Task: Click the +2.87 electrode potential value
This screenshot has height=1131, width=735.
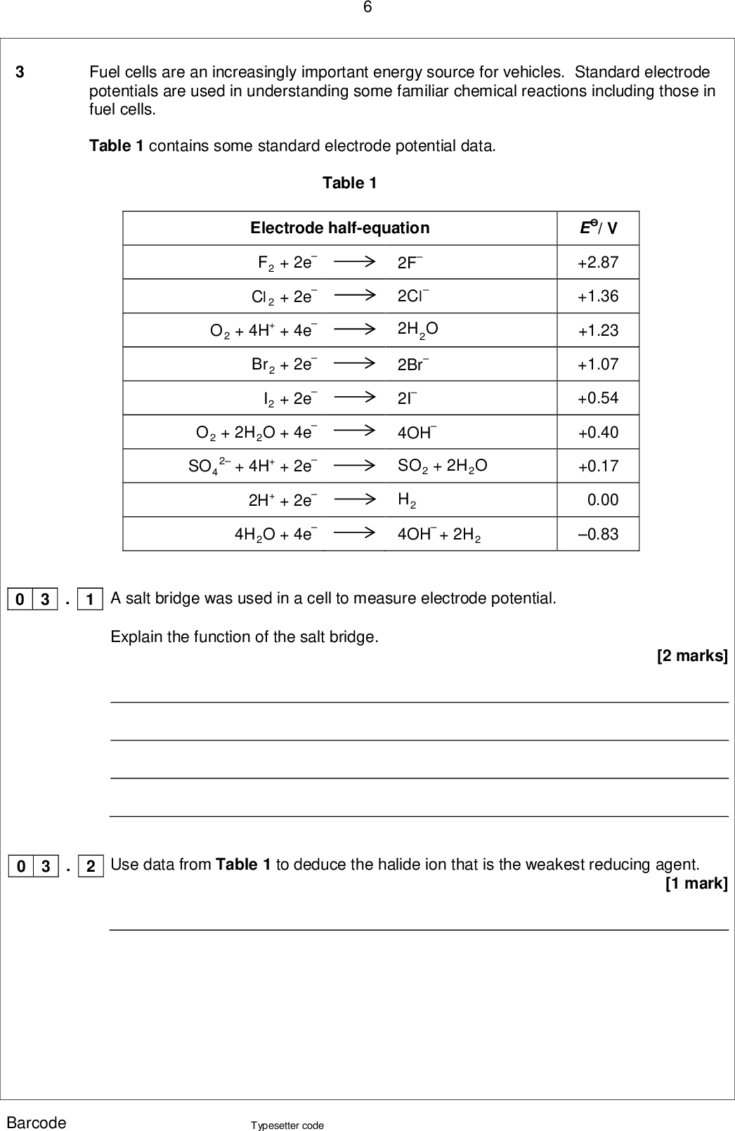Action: (x=598, y=263)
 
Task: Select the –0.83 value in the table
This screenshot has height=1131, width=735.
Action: (x=598, y=535)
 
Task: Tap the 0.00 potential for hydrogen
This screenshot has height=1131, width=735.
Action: (x=602, y=500)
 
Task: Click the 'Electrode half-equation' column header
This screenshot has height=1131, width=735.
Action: (x=339, y=228)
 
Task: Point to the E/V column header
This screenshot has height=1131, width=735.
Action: (x=598, y=228)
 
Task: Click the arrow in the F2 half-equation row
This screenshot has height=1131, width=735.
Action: (x=355, y=261)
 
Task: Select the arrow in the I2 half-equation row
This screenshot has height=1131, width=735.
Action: (x=355, y=398)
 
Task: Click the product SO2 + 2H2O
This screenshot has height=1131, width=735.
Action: (x=442, y=466)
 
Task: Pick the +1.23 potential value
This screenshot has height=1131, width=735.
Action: (x=598, y=330)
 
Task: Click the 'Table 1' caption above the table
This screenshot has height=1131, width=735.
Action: (x=349, y=183)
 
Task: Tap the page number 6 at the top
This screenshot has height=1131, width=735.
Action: (x=367, y=8)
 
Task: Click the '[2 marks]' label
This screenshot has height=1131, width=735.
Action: (x=692, y=656)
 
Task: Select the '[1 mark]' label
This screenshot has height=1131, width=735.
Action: (x=696, y=883)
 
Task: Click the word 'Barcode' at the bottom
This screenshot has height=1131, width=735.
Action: (x=37, y=1123)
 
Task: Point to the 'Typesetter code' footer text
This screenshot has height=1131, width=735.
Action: (x=287, y=1125)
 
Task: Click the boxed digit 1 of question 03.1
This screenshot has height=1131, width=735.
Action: (x=90, y=599)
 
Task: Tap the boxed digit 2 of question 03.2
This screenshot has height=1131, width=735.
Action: (x=91, y=866)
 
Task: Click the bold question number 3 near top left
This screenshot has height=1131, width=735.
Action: (x=20, y=72)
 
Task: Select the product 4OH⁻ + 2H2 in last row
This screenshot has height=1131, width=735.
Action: (x=439, y=535)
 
